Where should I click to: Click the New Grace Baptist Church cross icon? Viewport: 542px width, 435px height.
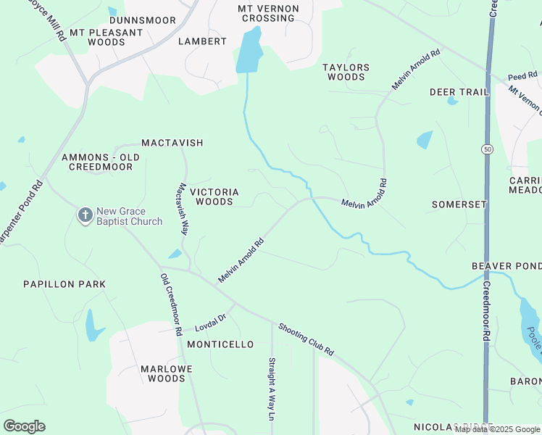pyautogui.click(x=85, y=215)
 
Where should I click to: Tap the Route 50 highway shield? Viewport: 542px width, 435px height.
pyautogui.click(x=485, y=149)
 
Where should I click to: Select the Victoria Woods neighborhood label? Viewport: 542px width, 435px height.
pyautogui.click(x=214, y=196)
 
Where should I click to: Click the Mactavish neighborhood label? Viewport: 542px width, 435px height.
pyautogui.click(x=172, y=143)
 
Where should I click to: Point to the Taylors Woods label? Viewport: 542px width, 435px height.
pyautogui.click(x=346, y=72)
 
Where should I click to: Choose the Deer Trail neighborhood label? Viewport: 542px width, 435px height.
pyautogui.click(x=459, y=92)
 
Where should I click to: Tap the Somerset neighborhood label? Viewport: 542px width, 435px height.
pyautogui.click(x=459, y=204)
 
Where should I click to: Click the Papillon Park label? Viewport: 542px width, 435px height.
pyautogui.click(x=64, y=284)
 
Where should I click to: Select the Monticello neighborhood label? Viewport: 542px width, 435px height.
pyautogui.click(x=220, y=344)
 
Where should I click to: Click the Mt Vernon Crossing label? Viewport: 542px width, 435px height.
pyautogui.click(x=267, y=13)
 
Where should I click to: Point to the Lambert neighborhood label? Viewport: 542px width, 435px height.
pyautogui.click(x=203, y=41)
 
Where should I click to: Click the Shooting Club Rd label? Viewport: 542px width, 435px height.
pyautogui.click(x=306, y=339)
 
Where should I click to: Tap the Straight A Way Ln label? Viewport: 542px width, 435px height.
pyautogui.click(x=272, y=388)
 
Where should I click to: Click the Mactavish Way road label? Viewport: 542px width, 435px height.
pyautogui.click(x=183, y=208)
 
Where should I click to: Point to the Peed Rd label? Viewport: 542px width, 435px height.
pyautogui.click(x=522, y=75)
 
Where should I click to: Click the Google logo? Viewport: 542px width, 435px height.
pyautogui.click(x=24, y=426)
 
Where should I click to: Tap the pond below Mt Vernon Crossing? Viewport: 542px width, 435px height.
pyautogui.click(x=249, y=52)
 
